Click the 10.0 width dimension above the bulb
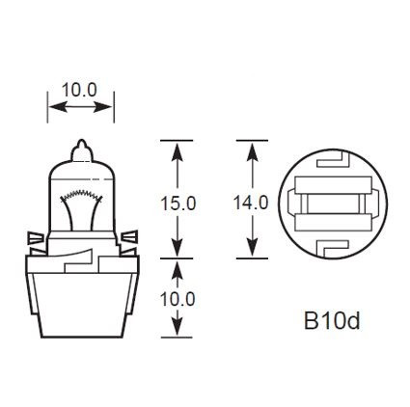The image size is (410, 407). [x=79, y=89]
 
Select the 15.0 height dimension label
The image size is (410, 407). [x=177, y=203]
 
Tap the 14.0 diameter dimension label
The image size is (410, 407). [x=253, y=203]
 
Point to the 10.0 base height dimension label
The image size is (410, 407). [x=177, y=298]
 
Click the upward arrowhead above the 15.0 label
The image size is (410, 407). [x=177, y=149]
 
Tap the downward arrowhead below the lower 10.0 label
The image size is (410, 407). [x=177, y=333]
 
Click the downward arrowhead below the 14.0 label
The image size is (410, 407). [x=253, y=253]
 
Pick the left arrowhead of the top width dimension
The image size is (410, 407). [x=52, y=104]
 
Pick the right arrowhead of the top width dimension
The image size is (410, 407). [x=109, y=104]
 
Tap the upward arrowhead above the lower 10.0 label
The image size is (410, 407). [x=177, y=264]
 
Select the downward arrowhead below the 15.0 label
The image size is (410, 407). [x=177, y=251]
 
